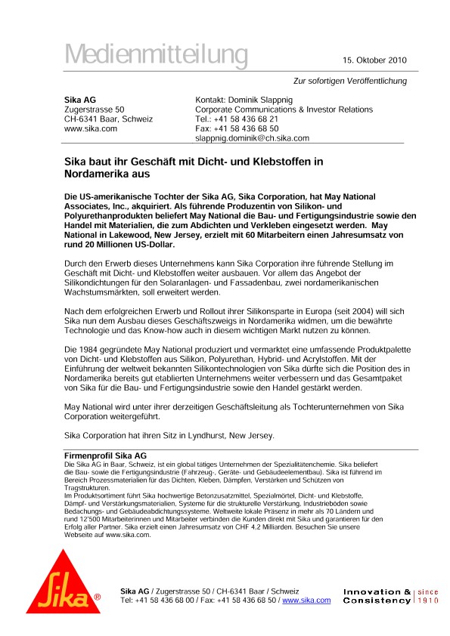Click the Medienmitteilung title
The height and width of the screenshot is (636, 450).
tap(156, 54)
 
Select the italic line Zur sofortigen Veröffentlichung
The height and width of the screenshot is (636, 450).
tap(350, 81)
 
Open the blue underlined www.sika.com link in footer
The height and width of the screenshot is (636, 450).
tap(306, 600)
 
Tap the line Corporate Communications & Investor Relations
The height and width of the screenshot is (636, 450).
tap(284, 110)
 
